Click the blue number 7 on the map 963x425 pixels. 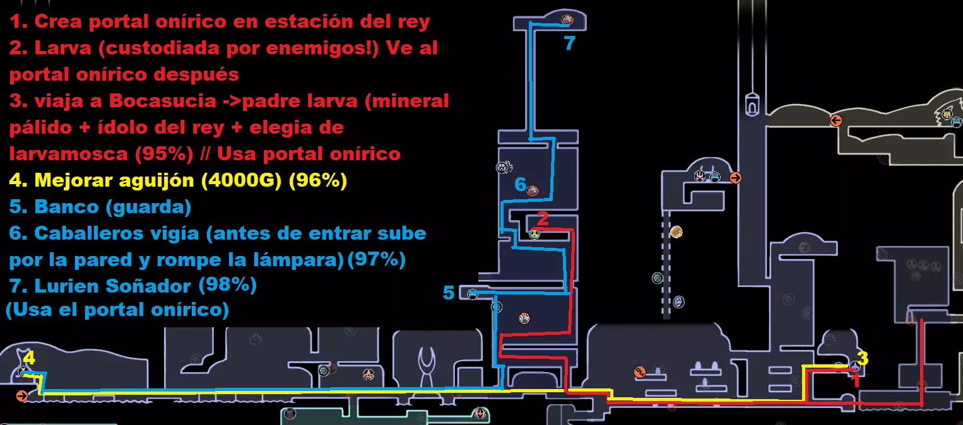coord(569,43)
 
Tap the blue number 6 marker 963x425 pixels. coord(520,184)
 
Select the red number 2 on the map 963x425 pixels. coord(543,218)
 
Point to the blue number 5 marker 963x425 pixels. coord(449,293)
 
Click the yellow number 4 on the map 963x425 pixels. coord(29,358)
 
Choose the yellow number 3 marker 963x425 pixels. coord(863,358)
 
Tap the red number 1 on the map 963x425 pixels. coord(856,381)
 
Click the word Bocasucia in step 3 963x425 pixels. coord(163,101)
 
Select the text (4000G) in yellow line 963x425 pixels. coord(241,180)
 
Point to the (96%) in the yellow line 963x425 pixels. coord(317,180)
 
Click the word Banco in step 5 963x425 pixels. coord(67,207)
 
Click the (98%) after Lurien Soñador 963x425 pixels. coord(228,284)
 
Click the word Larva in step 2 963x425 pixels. coord(62,48)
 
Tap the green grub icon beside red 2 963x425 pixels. coord(535,234)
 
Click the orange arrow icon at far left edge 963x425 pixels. coord(22,396)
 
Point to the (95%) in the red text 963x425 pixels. coord(164,154)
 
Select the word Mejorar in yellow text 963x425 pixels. coord(73,181)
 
